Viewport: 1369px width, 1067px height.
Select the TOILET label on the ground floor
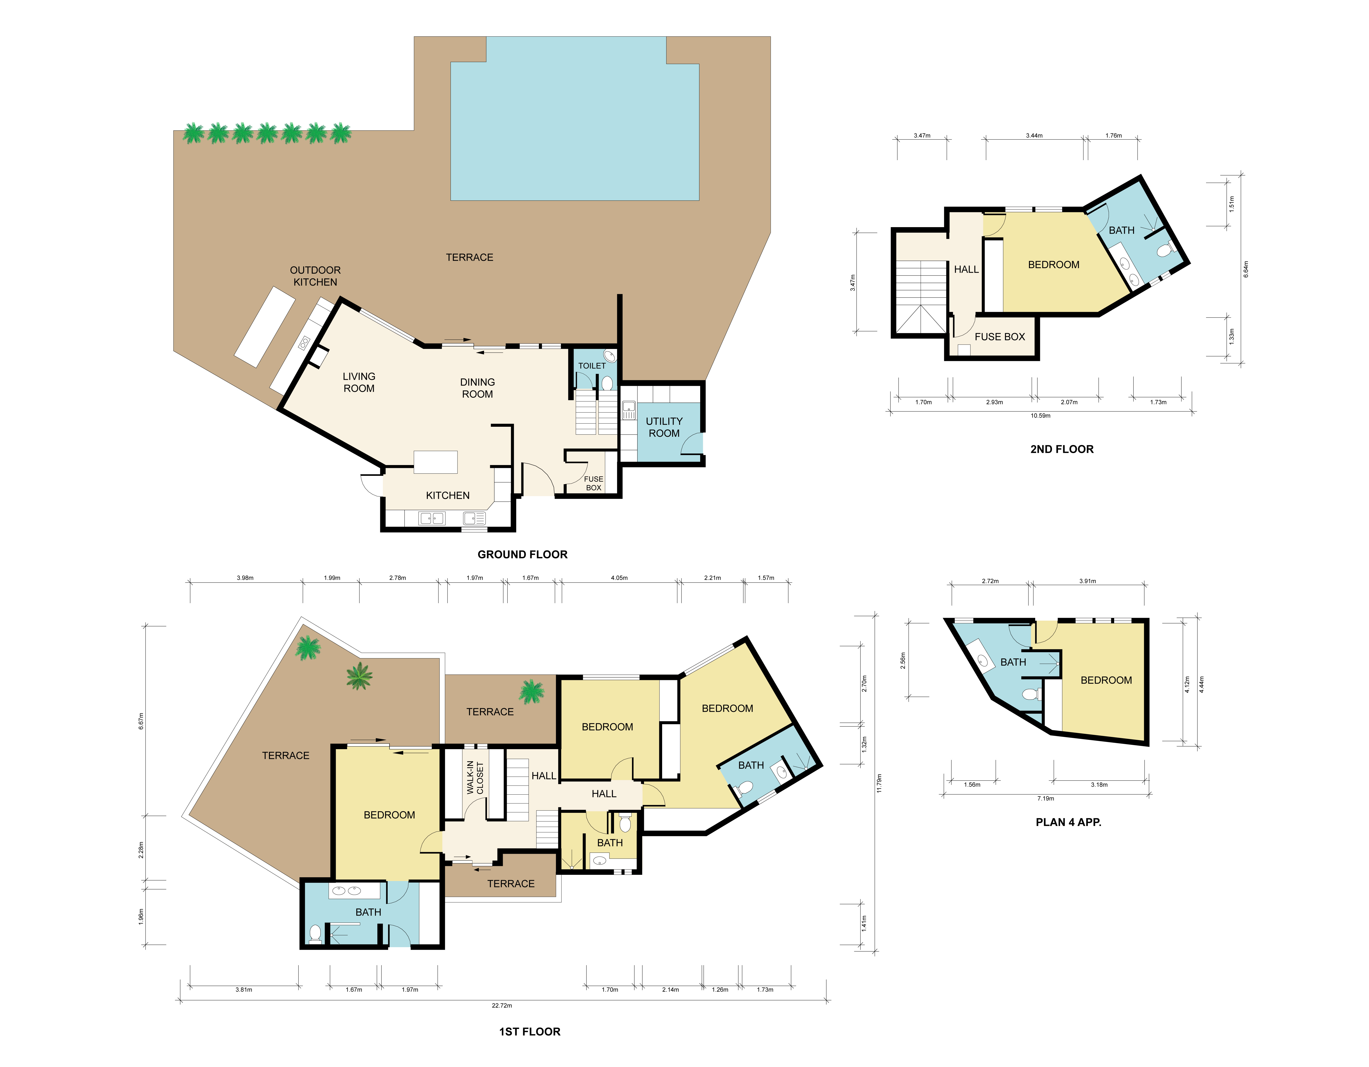click(x=592, y=365)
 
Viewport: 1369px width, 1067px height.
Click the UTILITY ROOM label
click(x=664, y=427)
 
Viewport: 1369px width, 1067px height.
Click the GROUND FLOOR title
click(x=522, y=554)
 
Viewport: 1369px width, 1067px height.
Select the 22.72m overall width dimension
click(x=502, y=1005)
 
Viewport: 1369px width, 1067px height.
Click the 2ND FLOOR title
click(x=1062, y=449)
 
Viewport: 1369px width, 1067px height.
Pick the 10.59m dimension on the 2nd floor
click(x=1040, y=416)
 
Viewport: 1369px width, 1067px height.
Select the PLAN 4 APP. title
click(x=1068, y=822)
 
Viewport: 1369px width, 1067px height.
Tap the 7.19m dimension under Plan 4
click(x=1045, y=799)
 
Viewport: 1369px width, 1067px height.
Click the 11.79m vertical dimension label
click(x=879, y=783)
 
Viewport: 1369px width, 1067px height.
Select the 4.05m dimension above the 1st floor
click(x=619, y=578)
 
